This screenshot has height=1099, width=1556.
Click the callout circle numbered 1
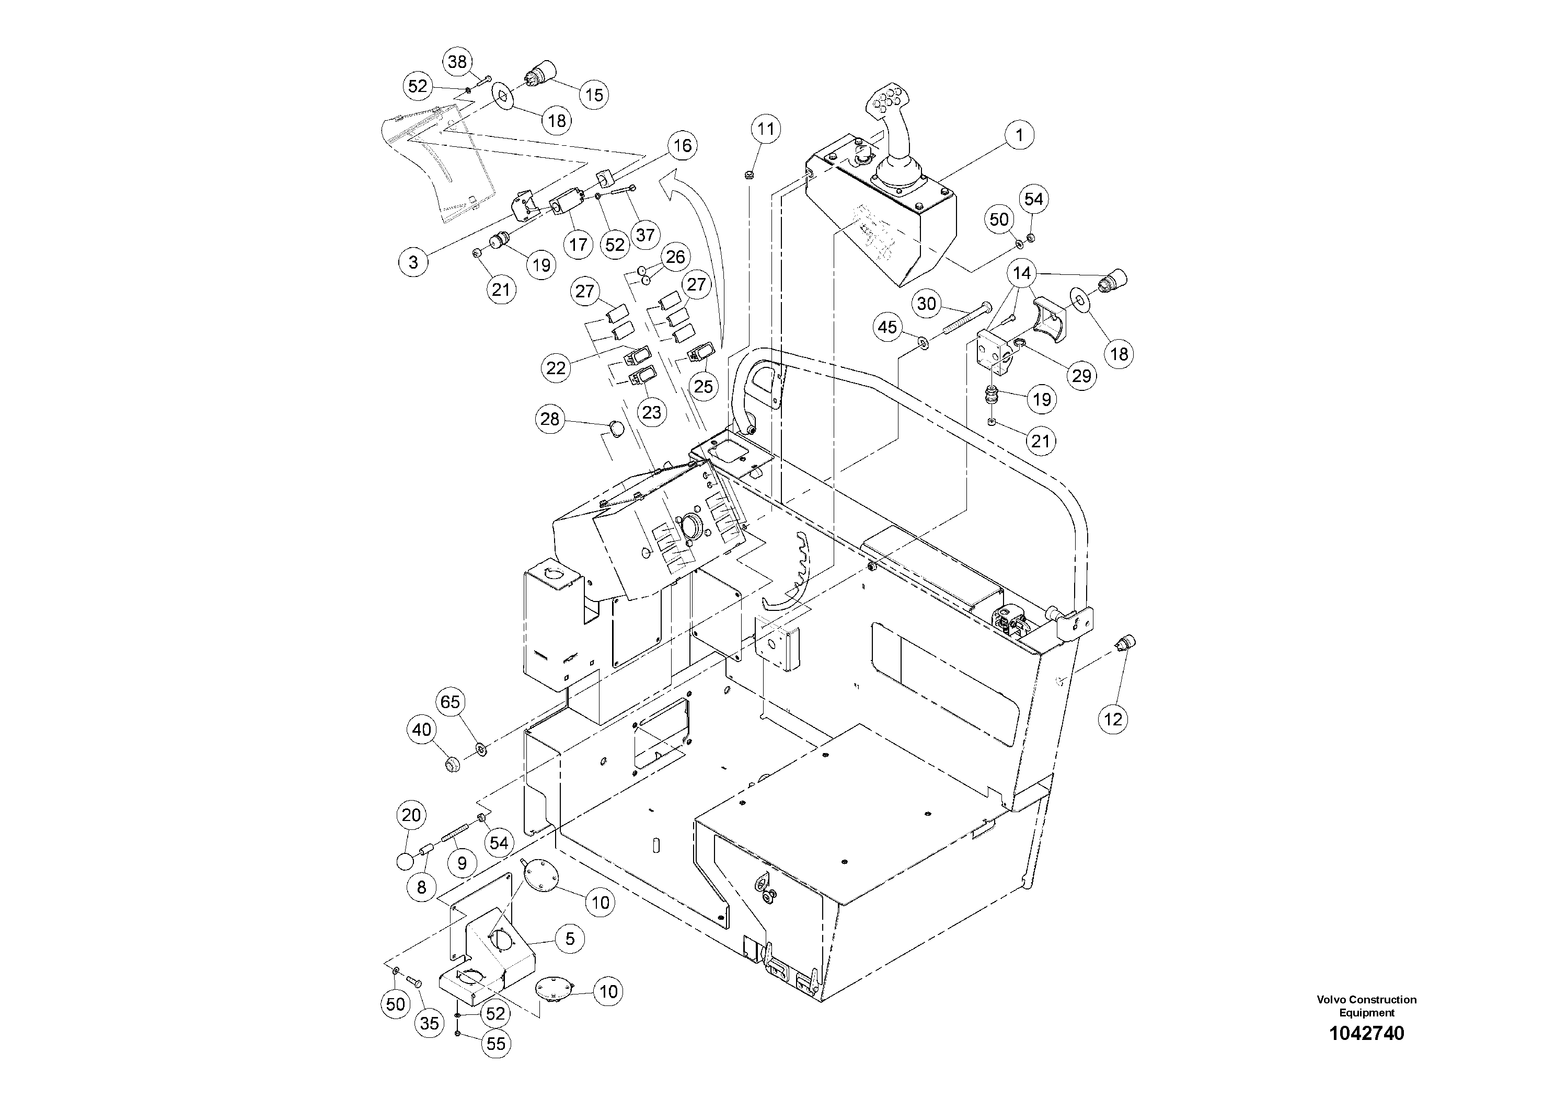[x=1019, y=135]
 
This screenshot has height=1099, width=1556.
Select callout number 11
[x=765, y=129]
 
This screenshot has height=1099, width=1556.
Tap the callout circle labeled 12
[x=1113, y=719]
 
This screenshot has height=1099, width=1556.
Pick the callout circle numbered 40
[x=421, y=730]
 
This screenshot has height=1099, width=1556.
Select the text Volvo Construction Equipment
[x=1366, y=1006]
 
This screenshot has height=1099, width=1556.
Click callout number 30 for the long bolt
[x=926, y=304]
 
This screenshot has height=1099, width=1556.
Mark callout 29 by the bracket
[x=1081, y=375]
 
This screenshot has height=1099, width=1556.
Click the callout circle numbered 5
[x=570, y=939]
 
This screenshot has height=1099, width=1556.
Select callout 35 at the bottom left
[x=429, y=1023]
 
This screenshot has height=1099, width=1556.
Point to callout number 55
[x=496, y=1044]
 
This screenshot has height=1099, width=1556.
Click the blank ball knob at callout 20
[x=405, y=862]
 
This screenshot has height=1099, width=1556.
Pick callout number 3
[x=413, y=262]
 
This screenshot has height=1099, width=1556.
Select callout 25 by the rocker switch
[x=704, y=386]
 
